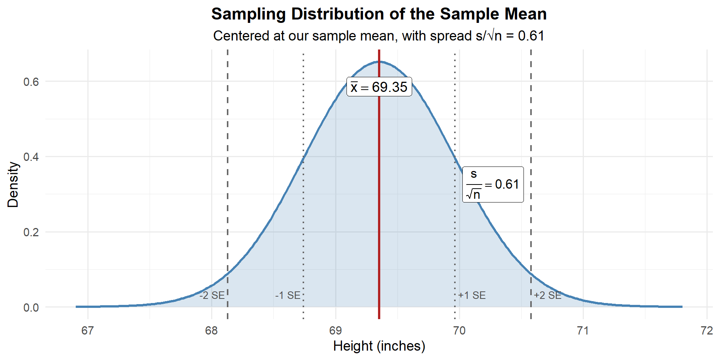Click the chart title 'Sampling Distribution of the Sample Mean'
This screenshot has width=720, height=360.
click(379, 14)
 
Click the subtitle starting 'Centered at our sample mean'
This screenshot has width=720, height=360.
click(379, 36)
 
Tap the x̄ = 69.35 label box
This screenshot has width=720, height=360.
click(379, 87)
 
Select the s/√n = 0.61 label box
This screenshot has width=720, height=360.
click(493, 184)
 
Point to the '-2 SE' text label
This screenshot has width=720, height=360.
click(212, 295)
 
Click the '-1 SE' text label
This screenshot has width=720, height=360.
click(288, 295)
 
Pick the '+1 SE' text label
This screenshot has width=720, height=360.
click(472, 295)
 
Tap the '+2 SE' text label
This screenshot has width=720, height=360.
click(547, 295)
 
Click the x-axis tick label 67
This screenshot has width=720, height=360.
click(88, 331)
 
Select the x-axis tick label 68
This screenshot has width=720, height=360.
click(211, 331)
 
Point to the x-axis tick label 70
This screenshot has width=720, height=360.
click(459, 331)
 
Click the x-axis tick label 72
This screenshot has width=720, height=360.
click(707, 331)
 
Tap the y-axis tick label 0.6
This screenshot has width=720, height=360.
click(31, 82)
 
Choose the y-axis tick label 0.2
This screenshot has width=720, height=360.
click(31, 232)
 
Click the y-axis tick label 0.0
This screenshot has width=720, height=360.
click(31, 307)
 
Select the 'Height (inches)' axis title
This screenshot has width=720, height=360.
click(379, 346)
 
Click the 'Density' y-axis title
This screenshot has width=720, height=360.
click(13, 184)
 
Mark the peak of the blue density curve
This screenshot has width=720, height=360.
click(379, 61)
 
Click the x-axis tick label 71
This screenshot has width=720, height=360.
click(583, 331)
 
